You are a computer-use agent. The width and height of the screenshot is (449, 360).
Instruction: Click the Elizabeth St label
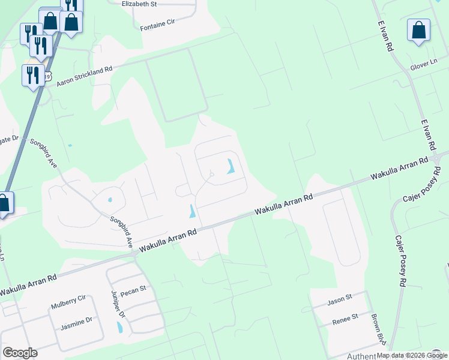(x=139, y=4)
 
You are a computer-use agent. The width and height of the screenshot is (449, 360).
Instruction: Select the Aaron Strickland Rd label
(x=85, y=76)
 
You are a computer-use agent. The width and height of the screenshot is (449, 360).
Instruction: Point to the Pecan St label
(x=133, y=289)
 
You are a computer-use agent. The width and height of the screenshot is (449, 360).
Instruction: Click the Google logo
(x=20, y=353)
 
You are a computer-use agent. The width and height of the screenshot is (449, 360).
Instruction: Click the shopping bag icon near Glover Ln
(x=418, y=31)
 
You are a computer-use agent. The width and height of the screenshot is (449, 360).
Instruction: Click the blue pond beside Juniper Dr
(x=119, y=327)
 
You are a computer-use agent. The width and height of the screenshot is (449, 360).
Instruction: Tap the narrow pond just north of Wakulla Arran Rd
(x=191, y=211)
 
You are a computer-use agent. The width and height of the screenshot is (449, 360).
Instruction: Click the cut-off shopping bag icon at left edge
(x=4, y=203)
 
